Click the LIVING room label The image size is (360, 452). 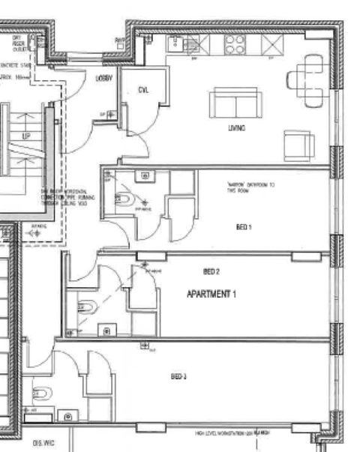tap(237, 128)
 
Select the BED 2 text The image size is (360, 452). tap(211, 271)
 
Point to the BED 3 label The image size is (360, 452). tap(178, 376)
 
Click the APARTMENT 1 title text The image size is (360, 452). tap(211, 295)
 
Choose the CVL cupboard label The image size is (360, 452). tap(143, 91)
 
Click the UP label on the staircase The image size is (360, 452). tap(25, 136)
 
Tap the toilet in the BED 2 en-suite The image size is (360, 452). tap(87, 307)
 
